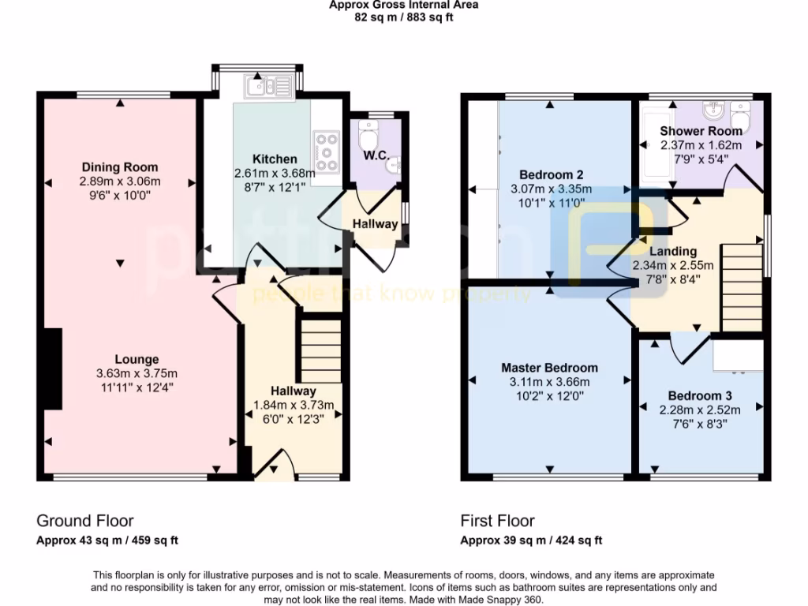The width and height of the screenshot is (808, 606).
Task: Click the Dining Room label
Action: pyautogui.click(x=119, y=167)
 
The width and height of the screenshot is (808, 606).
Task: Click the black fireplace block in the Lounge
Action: pyautogui.click(x=53, y=368)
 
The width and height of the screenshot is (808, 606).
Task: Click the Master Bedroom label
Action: pyautogui.click(x=549, y=368)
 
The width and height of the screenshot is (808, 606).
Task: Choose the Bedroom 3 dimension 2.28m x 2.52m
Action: pyautogui.click(x=700, y=410)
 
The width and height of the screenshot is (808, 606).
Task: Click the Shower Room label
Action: pyautogui.click(x=701, y=131)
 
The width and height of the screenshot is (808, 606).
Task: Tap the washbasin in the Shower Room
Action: pyautogui.click(x=716, y=109)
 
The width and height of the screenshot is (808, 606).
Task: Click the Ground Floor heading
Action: pyautogui.click(x=85, y=521)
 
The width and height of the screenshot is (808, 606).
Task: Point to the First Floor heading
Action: pyautogui.click(x=497, y=521)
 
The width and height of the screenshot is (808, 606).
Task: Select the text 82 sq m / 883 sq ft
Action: pyautogui.click(x=403, y=17)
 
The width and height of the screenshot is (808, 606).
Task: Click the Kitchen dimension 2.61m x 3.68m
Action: pyautogui.click(x=275, y=173)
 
